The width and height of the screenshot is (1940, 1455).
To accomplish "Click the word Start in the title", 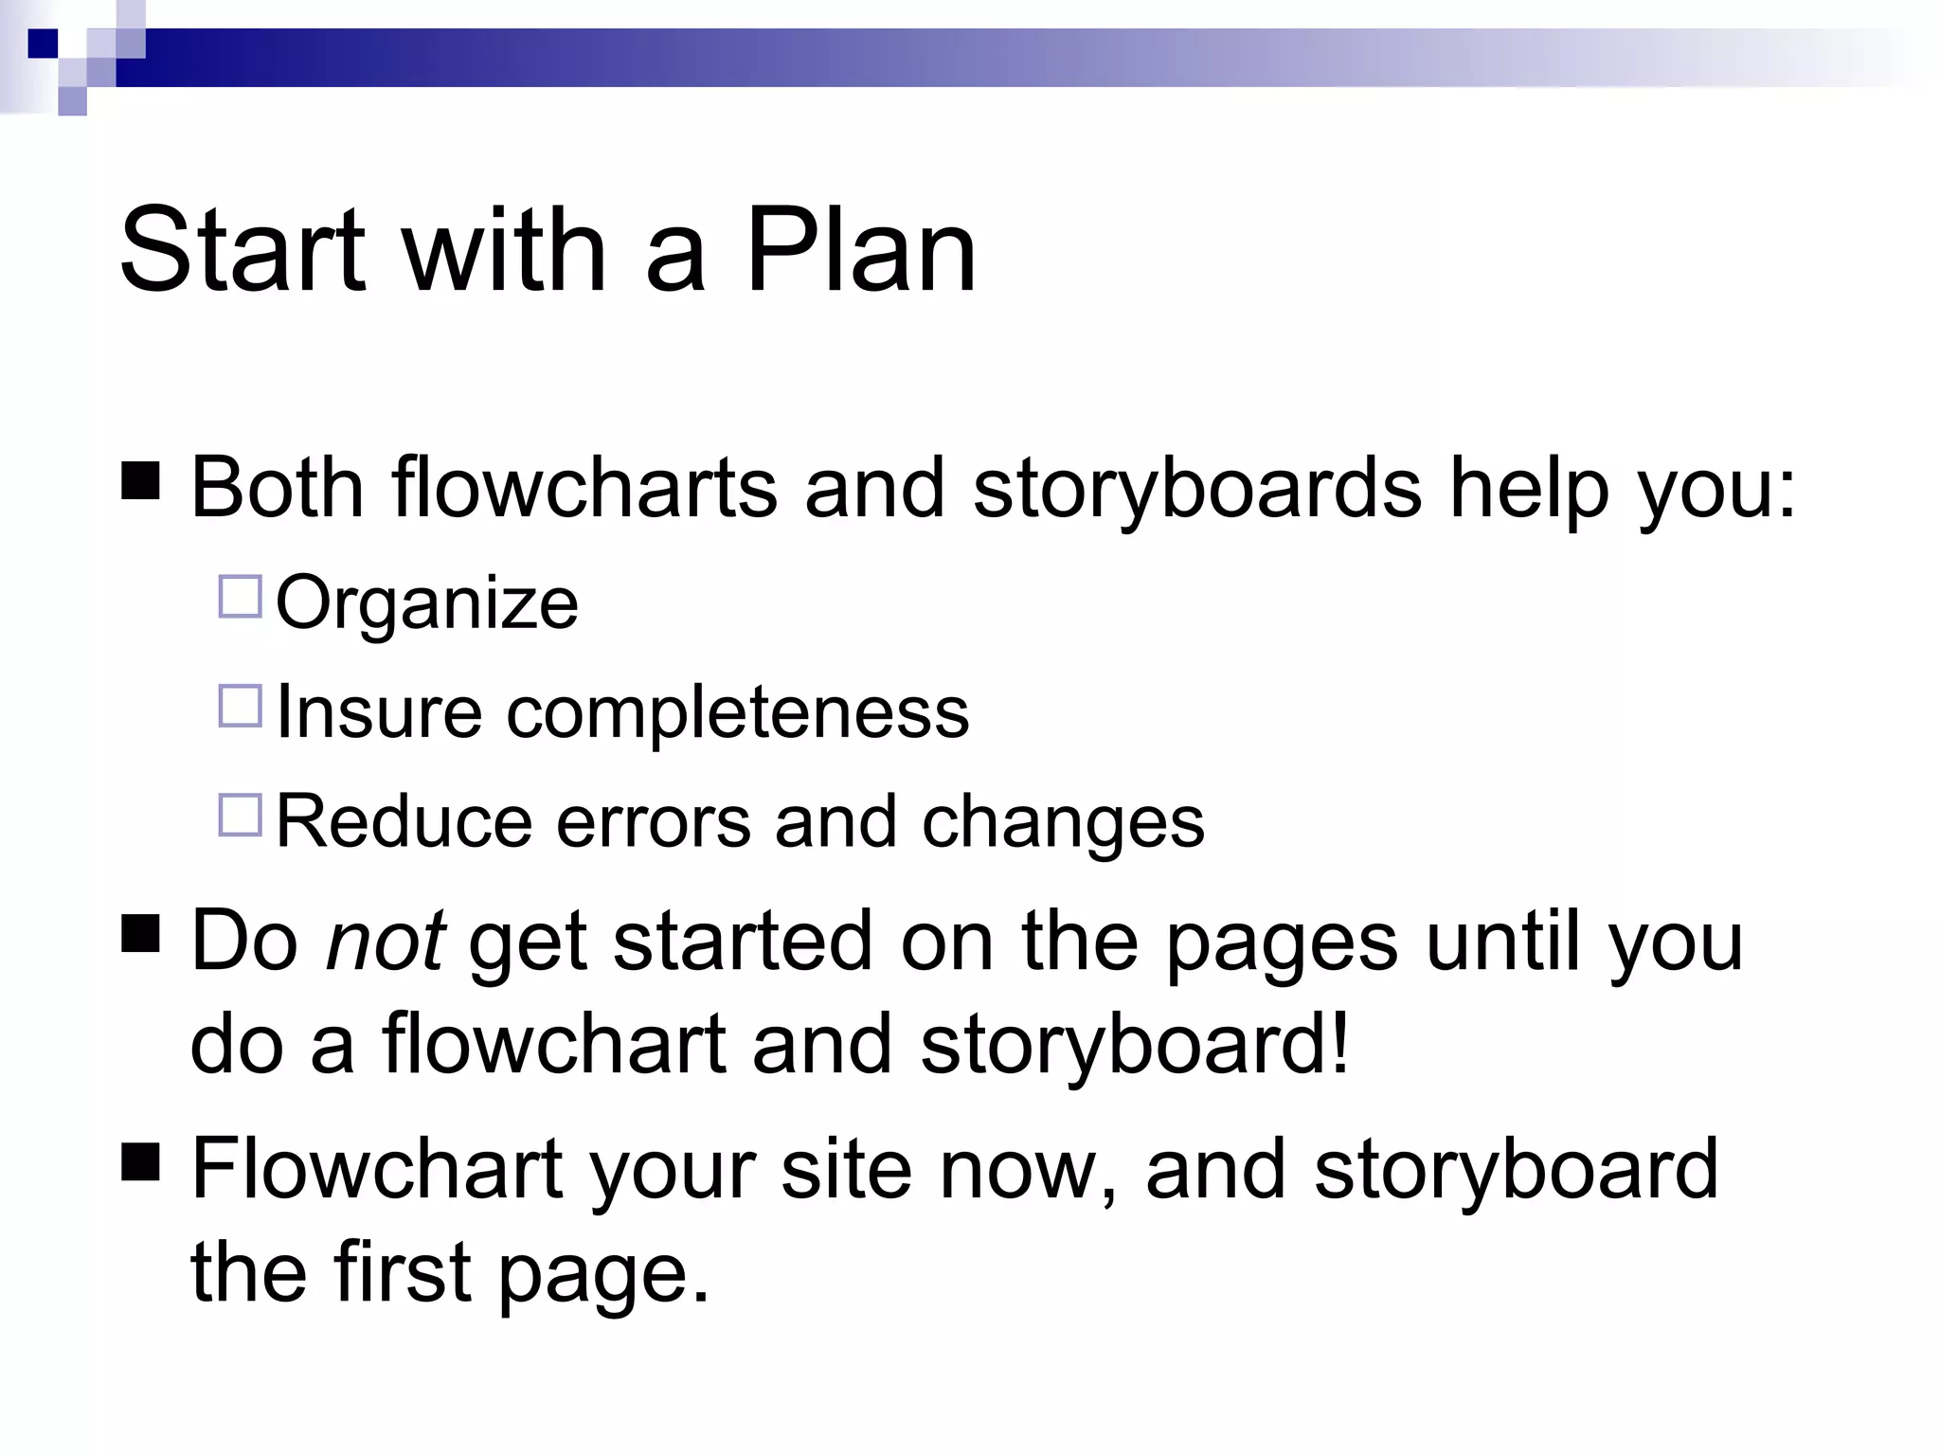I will click(242, 250).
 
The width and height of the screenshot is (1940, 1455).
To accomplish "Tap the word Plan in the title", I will click(860, 250).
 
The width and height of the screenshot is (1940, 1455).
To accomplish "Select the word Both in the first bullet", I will click(278, 489).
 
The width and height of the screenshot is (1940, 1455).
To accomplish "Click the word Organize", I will click(426, 604).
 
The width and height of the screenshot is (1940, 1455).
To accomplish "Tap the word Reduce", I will click(404, 820).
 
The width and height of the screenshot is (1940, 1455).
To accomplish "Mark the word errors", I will click(654, 820).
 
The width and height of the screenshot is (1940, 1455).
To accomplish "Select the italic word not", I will click(385, 942).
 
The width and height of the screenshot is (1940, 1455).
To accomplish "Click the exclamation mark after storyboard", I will click(1338, 1044).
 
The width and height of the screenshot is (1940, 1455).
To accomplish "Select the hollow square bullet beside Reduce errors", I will click(240, 815).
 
